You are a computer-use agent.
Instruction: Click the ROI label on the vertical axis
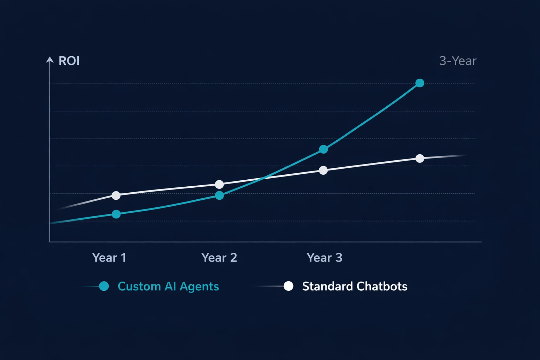pyautogui.click(x=69, y=61)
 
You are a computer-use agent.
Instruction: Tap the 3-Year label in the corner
pyautogui.click(x=458, y=61)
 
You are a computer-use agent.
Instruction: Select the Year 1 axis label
pyautogui.click(x=109, y=258)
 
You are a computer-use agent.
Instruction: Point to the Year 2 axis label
pyautogui.click(x=219, y=258)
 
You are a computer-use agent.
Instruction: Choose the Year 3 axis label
pyautogui.click(x=324, y=258)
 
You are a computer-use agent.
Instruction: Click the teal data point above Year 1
pyautogui.click(x=116, y=214)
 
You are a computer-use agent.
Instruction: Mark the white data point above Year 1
pyautogui.click(x=116, y=195)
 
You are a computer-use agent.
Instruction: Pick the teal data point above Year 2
pyautogui.click(x=219, y=195)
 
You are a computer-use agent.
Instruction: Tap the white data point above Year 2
pyautogui.click(x=219, y=184)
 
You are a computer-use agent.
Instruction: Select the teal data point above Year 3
pyautogui.click(x=323, y=149)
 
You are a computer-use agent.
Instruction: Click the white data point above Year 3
pyautogui.click(x=323, y=171)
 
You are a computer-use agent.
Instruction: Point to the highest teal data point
pyautogui.click(x=420, y=83)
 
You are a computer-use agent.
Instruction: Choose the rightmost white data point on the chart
pyautogui.click(x=420, y=159)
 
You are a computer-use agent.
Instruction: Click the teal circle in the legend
pyautogui.click(x=104, y=286)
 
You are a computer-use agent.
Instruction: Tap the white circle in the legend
pyautogui.click(x=288, y=286)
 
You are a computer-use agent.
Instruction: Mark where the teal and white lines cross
pyautogui.click(x=263, y=179)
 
